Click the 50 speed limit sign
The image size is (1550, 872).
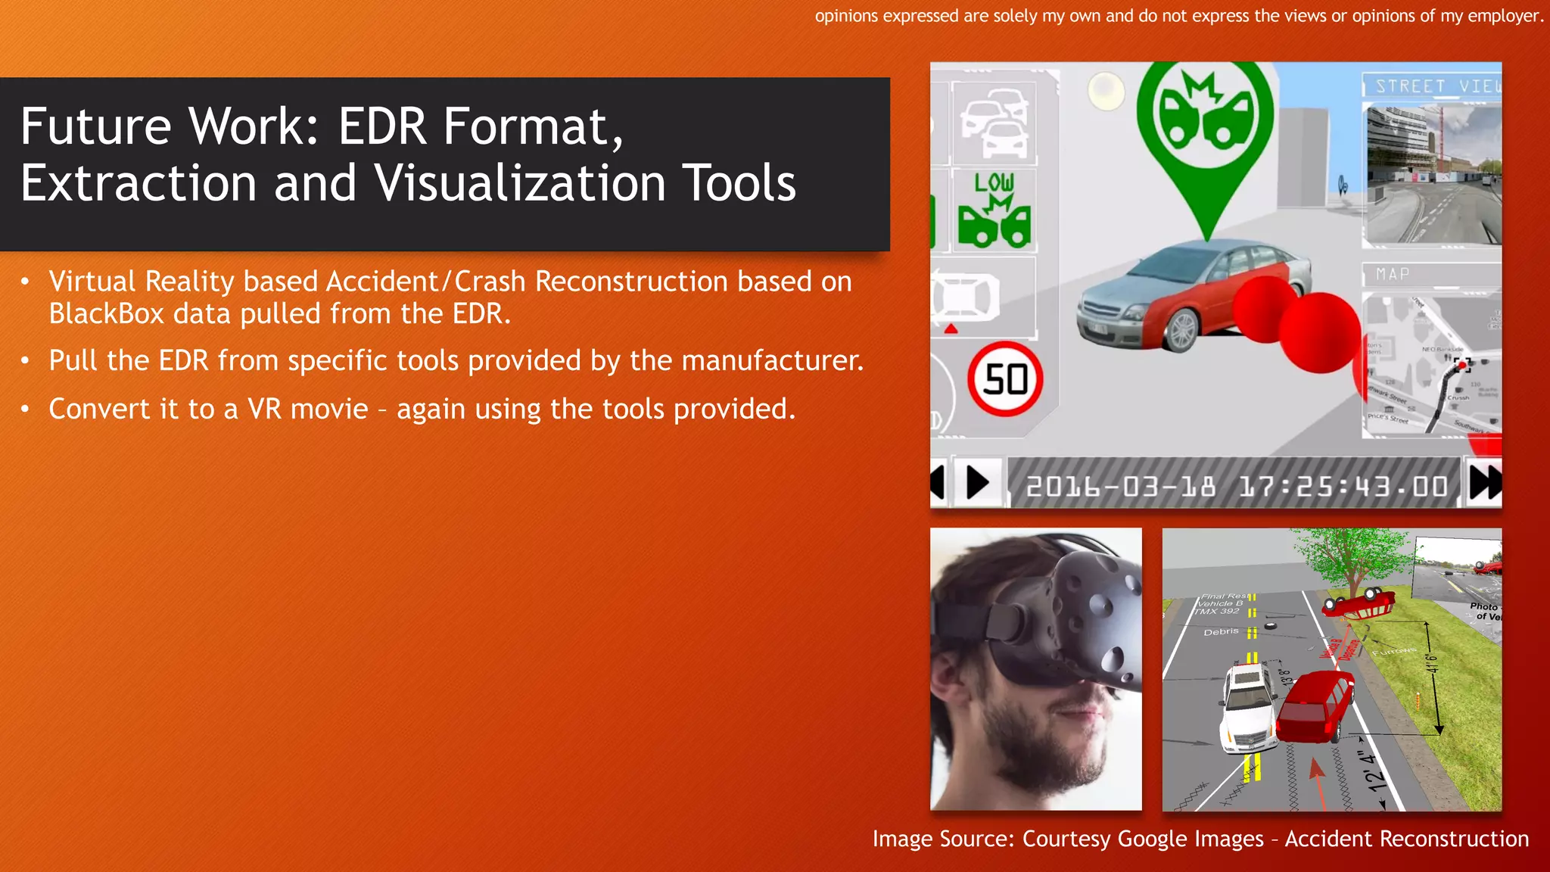pyautogui.click(x=1005, y=379)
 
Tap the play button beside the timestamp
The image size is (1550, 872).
pyautogui.click(x=977, y=482)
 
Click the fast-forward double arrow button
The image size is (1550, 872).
pyautogui.click(x=1484, y=483)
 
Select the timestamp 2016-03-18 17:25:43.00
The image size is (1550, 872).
pyautogui.click(x=1237, y=486)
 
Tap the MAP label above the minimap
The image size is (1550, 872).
pyautogui.click(x=1393, y=274)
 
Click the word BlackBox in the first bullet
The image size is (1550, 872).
pyautogui.click(x=106, y=313)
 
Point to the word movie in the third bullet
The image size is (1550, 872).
pyautogui.click(x=329, y=410)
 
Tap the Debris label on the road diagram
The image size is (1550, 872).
pyautogui.click(x=1221, y=631)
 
